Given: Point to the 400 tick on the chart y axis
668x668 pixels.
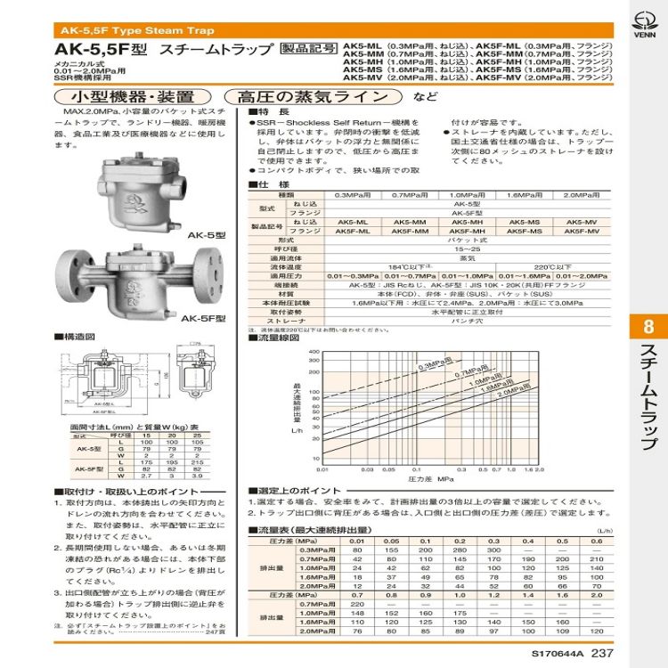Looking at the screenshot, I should [314, 352].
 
